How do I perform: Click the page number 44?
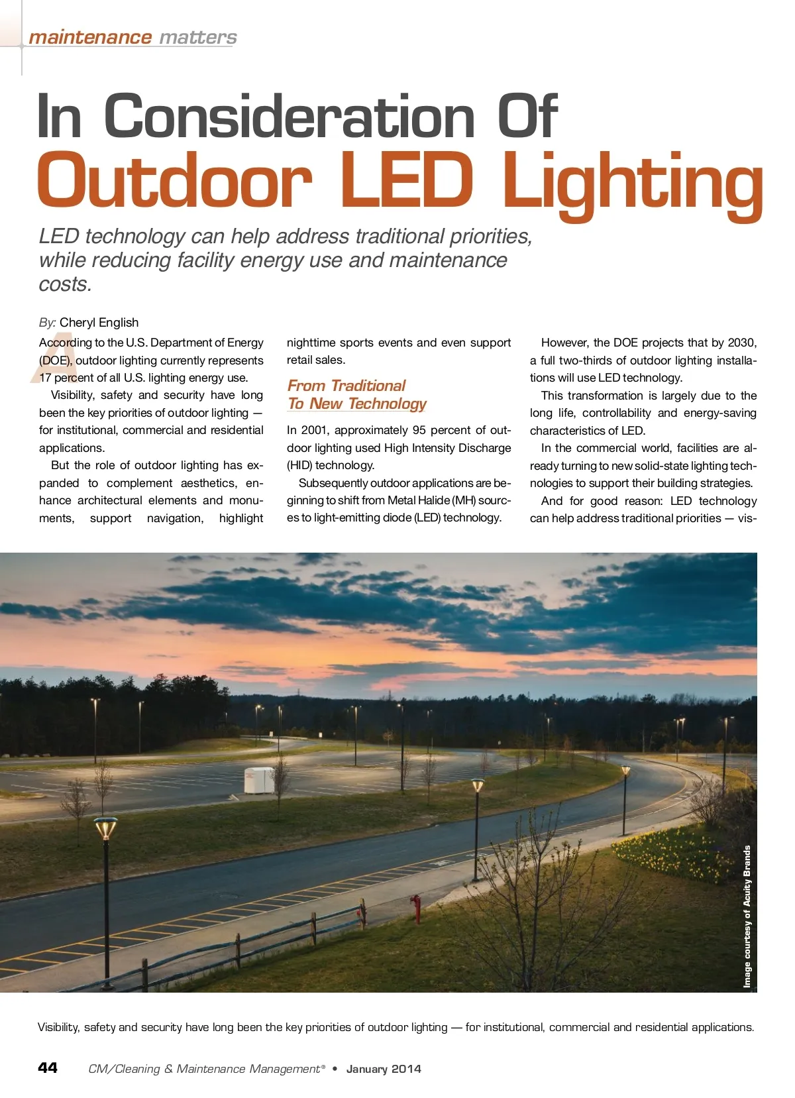48,1068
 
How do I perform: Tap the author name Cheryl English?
99,323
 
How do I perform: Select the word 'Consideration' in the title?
289,117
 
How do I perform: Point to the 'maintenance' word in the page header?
90,37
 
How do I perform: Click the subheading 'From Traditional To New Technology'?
356,395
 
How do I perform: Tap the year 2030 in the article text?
741,343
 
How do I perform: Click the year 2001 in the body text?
315,430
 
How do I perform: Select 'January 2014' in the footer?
384,1069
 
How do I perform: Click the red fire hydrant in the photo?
416,908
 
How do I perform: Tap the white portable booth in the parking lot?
258,780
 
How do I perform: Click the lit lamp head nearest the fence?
105,828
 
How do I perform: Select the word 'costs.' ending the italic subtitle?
66,284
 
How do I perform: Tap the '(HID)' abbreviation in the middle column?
299,465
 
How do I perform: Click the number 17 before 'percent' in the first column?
45,378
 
